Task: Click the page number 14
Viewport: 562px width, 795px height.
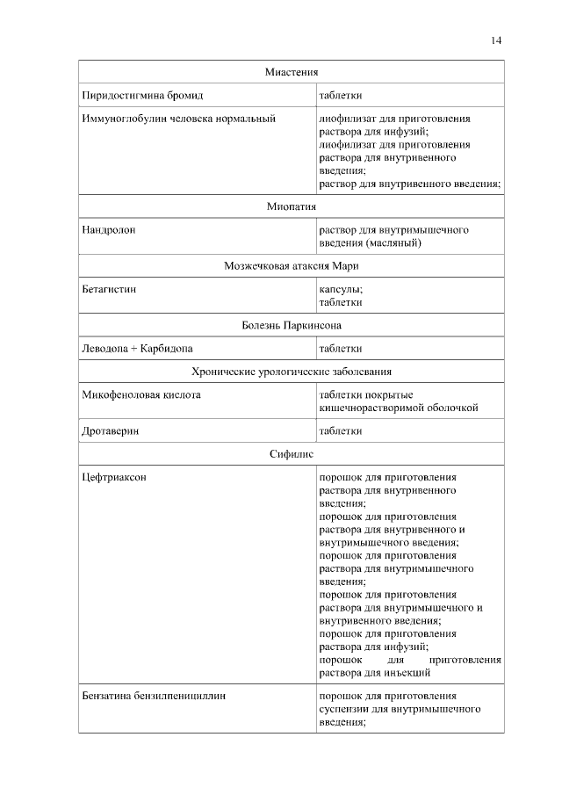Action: tap(497, 40)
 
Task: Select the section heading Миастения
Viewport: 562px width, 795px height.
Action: tap(291, 71)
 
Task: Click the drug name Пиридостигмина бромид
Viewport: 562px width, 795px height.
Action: tap(142, 95)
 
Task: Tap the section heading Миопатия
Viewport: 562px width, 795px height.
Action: tap(291, 207)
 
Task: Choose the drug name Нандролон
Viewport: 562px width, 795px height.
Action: tap(109, 230)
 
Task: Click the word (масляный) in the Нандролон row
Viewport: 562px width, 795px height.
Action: tap(387, 243)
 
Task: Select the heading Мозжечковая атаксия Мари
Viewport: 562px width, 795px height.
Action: tap(291, 266)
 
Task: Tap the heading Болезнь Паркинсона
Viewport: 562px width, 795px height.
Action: tap(291, 325)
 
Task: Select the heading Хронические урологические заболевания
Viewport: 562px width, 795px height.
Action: tap(291, 372)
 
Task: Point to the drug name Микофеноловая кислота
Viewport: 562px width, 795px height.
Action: tap(141, 395)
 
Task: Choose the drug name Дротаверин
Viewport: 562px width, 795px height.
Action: tap(111, 431)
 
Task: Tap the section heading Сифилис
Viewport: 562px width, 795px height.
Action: tap(291, 454)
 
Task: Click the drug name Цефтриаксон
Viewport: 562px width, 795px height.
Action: tap(113, 477)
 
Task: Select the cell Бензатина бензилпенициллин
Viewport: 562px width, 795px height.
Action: tap(154, 696)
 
